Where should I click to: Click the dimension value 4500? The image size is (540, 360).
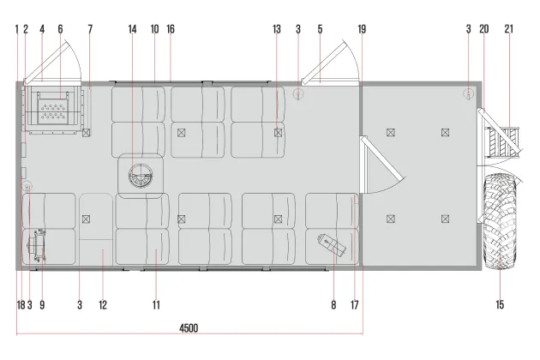tap(189, 327)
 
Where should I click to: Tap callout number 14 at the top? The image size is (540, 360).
tap(132, 29)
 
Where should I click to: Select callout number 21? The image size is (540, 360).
tap(508, 29)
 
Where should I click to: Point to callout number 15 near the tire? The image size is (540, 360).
tap(500, 304)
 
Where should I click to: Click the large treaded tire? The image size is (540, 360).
tap(501, 221)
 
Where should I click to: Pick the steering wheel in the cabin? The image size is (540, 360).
tap(141, 176)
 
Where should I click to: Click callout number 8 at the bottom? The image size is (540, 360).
tap(333, 305)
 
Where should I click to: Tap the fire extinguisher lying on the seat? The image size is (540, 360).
tap(332, 244)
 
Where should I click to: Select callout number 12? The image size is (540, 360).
tap(103, 305)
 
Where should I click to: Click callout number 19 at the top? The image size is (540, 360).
tap(362, 29)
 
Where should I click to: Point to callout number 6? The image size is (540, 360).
tap(60, 29)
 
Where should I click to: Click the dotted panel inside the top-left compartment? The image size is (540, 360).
tap(52, 111)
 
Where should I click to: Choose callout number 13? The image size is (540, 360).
tap(277, 29)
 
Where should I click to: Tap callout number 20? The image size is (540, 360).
tap(484, 29)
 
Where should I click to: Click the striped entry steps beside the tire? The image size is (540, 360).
tap(502, 142)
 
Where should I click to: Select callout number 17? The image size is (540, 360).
tap(354, 305)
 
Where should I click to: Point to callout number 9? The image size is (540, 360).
tap(42, 305)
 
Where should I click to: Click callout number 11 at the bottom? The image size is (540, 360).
tap(156, 305)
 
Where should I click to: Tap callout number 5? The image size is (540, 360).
tap(320, 29)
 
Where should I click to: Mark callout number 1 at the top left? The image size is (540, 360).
tap(16, 29)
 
